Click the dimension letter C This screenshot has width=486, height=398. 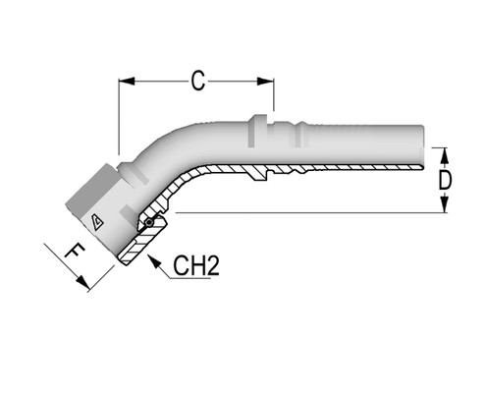point(197,82)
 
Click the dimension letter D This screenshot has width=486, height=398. point(446,180)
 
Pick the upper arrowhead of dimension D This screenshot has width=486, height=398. point(444,153)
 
